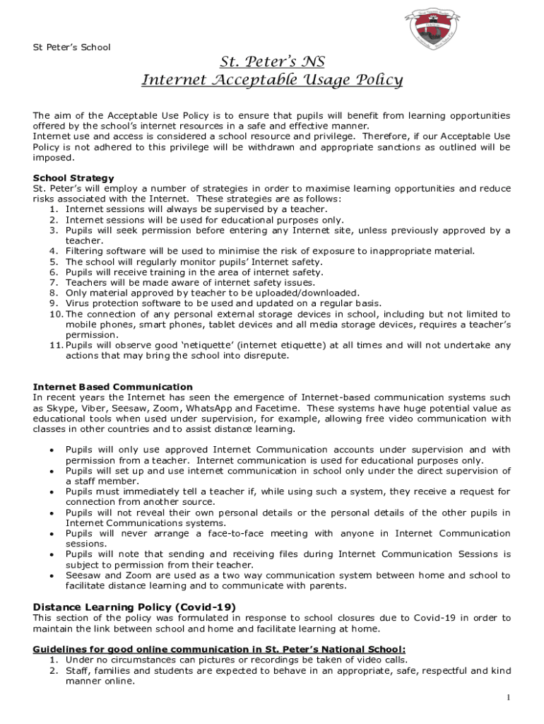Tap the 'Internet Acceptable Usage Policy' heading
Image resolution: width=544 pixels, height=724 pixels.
(272, 80)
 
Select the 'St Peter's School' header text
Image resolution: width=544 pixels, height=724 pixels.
(72, 47)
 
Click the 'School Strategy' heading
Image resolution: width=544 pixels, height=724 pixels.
(73, 178)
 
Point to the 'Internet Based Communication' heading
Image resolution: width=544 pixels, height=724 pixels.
(112, 387)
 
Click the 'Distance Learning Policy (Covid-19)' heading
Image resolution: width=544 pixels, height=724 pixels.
(134, 607)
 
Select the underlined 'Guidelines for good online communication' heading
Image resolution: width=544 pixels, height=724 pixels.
(219, 649)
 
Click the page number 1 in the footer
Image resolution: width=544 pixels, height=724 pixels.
(507, 699)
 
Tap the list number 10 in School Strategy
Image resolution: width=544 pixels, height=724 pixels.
(57, 314)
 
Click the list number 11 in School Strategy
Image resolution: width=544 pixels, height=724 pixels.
(57, 345)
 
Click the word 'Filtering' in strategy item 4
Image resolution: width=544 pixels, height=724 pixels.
(87, 251)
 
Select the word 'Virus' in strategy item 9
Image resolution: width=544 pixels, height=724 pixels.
(79, 303)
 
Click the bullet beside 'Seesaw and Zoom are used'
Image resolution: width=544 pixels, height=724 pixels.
(51, 576)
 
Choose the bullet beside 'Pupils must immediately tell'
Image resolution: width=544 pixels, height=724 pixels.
(51, 491)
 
